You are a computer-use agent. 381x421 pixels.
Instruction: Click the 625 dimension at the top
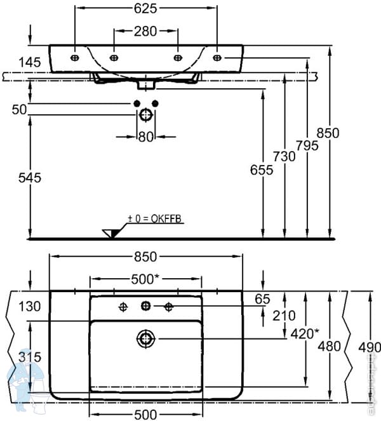(146, 8)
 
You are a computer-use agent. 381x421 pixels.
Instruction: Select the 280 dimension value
(146, 30)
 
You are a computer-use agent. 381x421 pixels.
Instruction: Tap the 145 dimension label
(30, 62)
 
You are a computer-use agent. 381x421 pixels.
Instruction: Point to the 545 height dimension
(30, 178)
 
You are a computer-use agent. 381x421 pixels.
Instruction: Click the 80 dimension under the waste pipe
(146, 135)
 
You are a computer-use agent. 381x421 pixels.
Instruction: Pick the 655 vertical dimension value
(262, 170)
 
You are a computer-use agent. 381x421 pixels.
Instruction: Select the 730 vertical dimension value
(284, 156)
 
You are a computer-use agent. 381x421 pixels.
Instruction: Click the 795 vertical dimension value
(307, 145)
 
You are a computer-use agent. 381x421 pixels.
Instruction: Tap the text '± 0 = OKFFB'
(154, 218)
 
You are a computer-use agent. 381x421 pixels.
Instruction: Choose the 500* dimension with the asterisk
(145, 279)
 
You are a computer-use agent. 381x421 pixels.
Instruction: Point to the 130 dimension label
(30, 306)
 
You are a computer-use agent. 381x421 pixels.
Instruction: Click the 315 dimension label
(30, 358)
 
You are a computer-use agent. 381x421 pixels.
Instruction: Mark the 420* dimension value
(305, 333)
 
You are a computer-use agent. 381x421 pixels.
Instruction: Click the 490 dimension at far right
(368, 347)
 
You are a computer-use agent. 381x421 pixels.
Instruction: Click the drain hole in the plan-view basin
(145, 338)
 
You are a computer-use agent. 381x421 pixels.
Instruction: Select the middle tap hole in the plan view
(145, 307)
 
